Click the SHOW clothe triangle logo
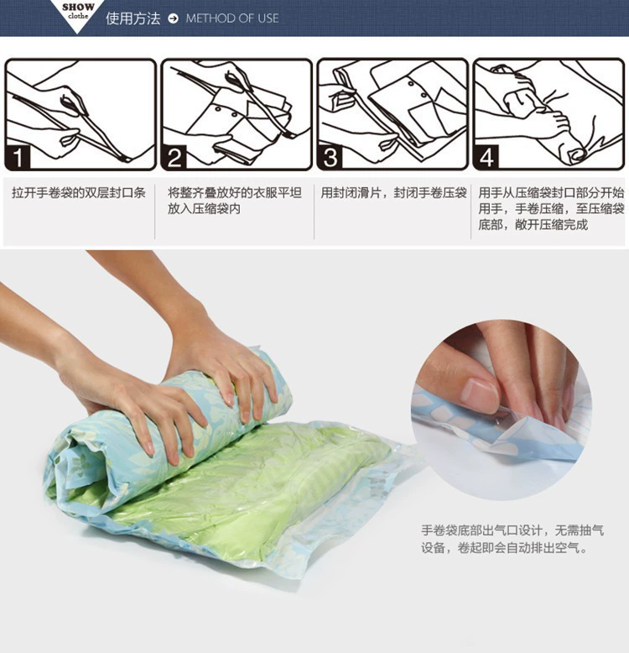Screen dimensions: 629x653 tap(77, 13)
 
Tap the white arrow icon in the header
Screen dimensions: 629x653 tap(173, 18)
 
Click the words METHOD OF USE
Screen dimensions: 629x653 tap(232, 18)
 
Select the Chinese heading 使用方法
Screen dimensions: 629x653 tap(133, 18)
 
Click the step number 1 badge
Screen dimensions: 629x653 tap(18, 158)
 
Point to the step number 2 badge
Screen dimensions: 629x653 tap(174, 158)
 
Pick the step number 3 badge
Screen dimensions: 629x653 tap(330, 158)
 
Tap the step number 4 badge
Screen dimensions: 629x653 tap(486, 158)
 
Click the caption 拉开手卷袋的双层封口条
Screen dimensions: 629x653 tap(79, 193)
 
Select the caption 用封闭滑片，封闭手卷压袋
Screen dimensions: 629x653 tap(393, 193)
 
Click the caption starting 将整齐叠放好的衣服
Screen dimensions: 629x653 tap(235, 201)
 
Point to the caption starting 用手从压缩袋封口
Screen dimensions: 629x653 tap(551, 209)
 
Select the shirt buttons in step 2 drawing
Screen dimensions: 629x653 tap(226, 112)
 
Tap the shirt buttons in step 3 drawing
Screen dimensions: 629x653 tap(418, 90)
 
